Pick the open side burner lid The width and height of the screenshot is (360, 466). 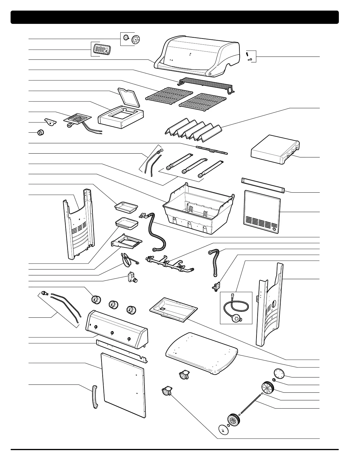(x=129, y=97)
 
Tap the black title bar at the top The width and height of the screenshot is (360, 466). (x=175, y=17)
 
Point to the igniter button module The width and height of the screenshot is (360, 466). (x=131, y=278)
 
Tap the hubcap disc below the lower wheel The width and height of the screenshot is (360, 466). (x=223, y=430)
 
